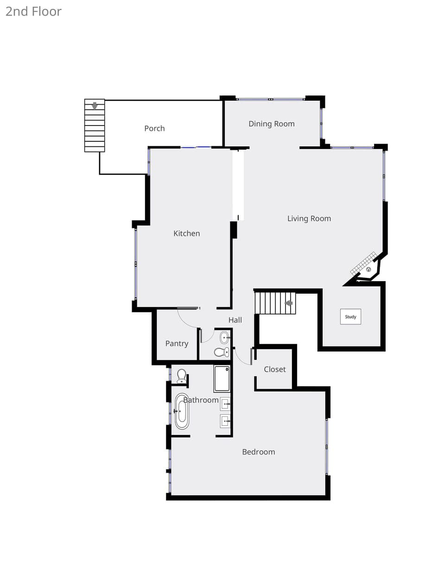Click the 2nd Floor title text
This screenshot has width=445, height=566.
[34, 12]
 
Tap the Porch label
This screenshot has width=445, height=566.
[154, 128]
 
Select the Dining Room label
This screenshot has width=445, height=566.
[272, 124]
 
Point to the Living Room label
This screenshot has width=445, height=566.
[309, 219]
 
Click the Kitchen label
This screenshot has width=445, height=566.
[187, 233]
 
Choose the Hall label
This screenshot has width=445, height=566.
[235, 320]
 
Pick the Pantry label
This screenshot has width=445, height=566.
[177, 344]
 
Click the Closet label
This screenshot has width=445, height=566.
[275, 369]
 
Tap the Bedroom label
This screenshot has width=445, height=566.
[259, 452]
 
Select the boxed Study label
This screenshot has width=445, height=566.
[350, 317]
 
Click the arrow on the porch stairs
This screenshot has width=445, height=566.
[95, 106]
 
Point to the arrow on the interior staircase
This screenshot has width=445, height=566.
[289, 303]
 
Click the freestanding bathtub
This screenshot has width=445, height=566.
[182, 412]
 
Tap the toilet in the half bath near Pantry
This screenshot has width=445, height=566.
[222, 352]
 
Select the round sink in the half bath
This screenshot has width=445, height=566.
[224, 338]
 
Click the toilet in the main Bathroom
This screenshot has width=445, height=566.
[182, 376]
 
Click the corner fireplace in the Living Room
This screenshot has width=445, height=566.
[366, 267]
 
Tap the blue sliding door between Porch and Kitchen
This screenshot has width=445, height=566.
[196, 147]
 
